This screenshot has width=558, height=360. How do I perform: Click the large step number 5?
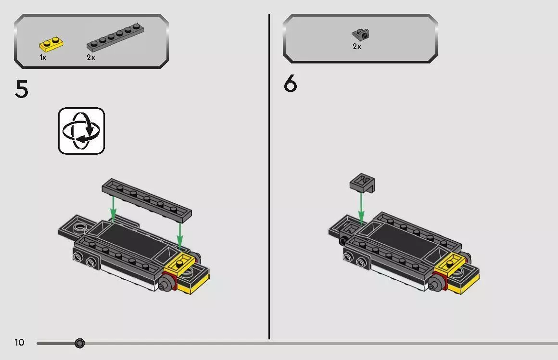point(22,90)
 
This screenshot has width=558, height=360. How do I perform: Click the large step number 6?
point(291,85)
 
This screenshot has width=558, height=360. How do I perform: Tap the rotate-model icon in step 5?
point(81,131)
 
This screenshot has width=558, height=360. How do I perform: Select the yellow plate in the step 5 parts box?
point(51,44)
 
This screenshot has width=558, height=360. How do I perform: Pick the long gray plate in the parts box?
point(115,37)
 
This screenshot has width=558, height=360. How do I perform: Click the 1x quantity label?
point(43,58)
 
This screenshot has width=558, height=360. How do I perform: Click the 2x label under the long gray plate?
point(91,58)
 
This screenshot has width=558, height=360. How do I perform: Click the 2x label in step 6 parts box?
point(357,47)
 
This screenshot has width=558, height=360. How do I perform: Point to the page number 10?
point(19,343)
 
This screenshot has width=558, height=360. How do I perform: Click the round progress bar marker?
point(80,343)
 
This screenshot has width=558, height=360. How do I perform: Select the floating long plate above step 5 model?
point(147,199)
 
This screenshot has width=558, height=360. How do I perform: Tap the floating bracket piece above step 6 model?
point(362,183)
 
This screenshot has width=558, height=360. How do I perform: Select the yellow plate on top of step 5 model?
point(179,263)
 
